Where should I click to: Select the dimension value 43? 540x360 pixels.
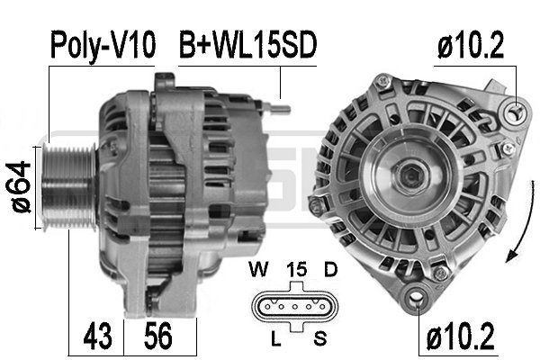tap(98, 337)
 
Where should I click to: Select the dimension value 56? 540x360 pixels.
tap(158, 337)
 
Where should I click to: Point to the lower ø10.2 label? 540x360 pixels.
tap(460, 337)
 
